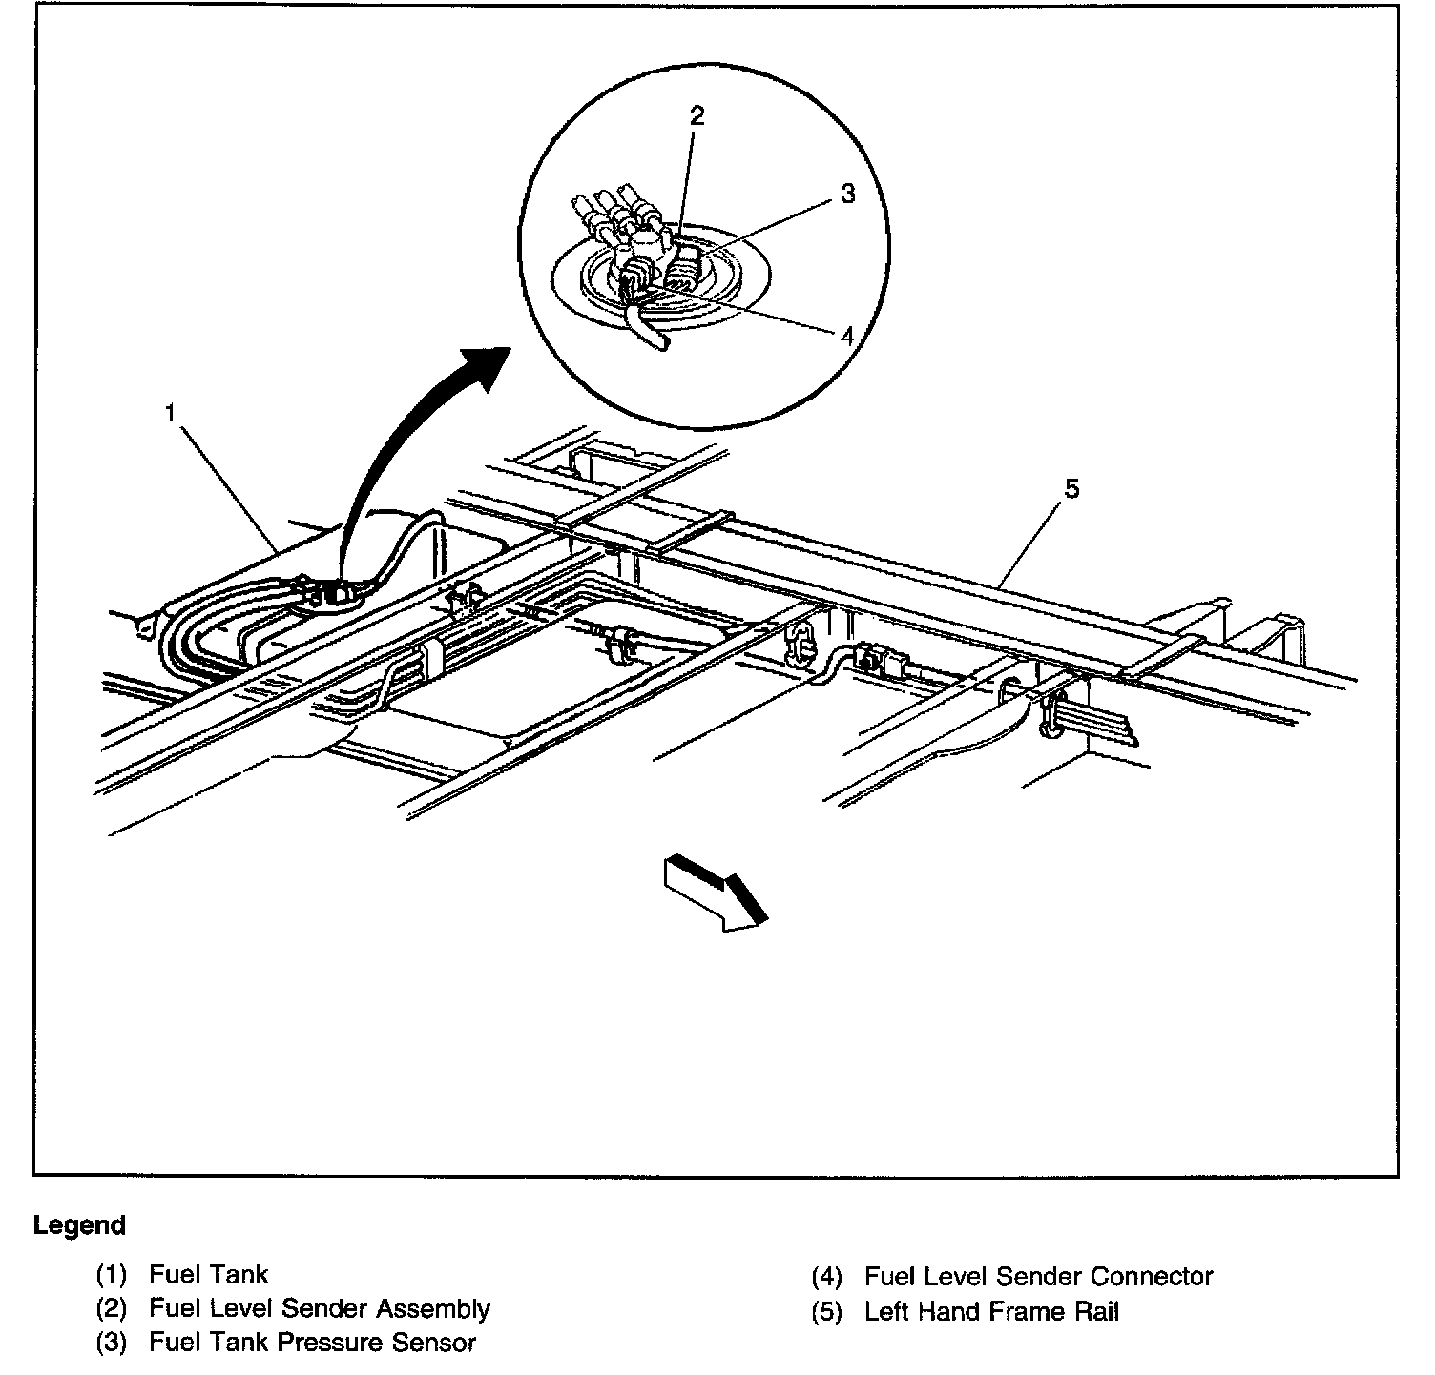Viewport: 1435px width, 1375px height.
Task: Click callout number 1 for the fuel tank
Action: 170,414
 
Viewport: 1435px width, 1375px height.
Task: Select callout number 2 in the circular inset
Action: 697,116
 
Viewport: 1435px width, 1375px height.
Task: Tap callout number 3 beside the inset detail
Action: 847,194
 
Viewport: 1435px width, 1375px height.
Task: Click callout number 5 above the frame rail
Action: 1071,489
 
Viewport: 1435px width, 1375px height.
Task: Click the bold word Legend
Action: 79,1225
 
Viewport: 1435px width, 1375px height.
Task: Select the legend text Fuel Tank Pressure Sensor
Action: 312,1344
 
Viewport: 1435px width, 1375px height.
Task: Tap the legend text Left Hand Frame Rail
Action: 991,1311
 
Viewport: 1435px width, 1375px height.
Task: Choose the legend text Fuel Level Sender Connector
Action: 1038,1276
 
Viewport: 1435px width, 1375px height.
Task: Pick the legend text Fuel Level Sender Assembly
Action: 319,1308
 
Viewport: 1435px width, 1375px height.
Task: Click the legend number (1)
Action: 111,1275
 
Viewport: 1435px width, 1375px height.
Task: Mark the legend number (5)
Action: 826,1312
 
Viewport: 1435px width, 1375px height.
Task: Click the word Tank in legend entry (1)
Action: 239,1275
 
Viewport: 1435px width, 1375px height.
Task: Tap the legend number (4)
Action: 826,1277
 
